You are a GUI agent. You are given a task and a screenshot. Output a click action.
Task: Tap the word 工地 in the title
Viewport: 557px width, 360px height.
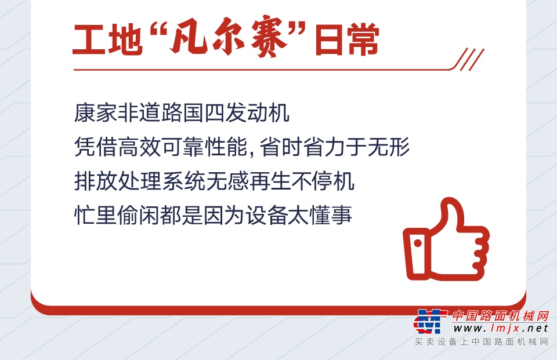click(x=107, y=39)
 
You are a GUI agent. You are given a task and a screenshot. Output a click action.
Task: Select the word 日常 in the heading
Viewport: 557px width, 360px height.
click(x=347, y=39)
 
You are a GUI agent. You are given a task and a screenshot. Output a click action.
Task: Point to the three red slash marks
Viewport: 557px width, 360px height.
click(x=469, y=59)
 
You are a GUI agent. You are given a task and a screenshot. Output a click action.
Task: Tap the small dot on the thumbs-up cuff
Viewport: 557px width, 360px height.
click(x=417, y=243)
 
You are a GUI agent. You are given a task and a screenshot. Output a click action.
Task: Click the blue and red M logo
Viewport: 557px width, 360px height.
click(x=430, y=321)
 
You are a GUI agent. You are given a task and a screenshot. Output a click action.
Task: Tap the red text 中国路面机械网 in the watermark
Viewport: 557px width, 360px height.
click(x=501, y=315)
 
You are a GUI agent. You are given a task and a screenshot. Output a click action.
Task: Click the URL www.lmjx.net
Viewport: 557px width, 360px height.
click(x=501, y=328)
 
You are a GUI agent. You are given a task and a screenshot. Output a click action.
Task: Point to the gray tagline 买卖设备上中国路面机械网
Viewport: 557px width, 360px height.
click(x=482, y=341)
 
